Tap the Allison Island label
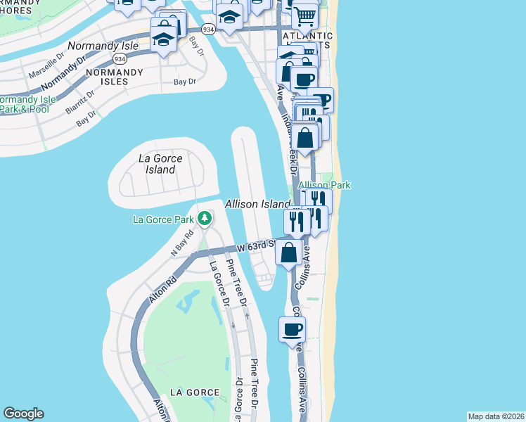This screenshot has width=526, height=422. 257,203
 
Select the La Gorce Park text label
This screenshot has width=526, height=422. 164,219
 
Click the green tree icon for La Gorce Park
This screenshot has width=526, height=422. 205,219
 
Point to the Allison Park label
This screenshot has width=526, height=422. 324,184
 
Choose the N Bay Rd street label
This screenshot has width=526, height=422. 182,242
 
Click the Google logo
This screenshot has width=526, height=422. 23,414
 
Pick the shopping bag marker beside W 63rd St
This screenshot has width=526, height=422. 289,252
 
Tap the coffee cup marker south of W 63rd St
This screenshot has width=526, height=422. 292,328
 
